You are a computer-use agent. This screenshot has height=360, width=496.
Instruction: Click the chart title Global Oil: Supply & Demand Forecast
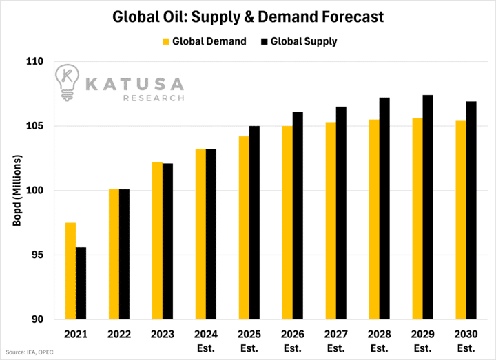[248, 15]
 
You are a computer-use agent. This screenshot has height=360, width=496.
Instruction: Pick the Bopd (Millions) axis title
[19, 191]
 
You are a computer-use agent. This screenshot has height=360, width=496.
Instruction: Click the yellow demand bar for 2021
[71, 271]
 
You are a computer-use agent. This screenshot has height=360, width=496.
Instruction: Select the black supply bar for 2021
[81, 283]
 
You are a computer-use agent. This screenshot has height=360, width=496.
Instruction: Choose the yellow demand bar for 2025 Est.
[244, 228]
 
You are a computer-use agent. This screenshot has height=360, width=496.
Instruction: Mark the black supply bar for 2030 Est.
[471, 211]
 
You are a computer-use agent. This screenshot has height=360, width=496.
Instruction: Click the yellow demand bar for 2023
[157, 241]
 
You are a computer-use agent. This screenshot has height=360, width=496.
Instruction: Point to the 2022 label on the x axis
[119, 334]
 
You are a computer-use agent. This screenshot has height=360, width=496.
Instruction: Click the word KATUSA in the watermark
[134, 84]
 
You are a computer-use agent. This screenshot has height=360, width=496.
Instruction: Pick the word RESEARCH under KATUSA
[154, 98]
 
